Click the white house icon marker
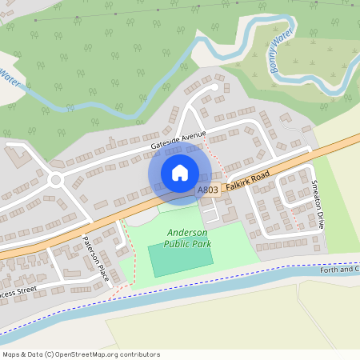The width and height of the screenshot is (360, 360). (180, 173)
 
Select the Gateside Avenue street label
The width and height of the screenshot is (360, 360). (178, 139)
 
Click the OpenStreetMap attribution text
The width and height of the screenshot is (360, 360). (81, 354)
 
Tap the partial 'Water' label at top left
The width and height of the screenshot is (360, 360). (10, 77)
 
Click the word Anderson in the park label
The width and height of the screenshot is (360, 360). (186, 231)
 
